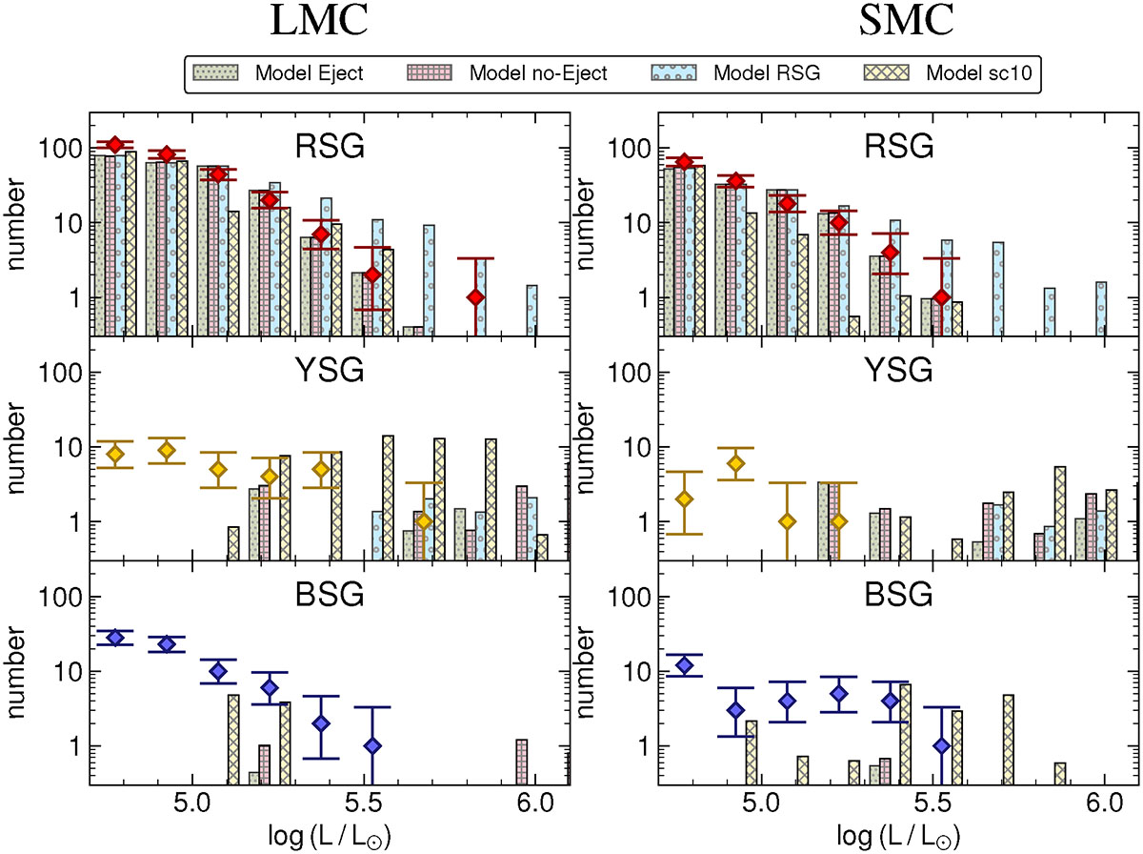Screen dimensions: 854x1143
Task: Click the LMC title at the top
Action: (x=318, y=23)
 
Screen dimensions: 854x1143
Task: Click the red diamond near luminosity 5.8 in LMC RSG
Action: (x=475, y=297)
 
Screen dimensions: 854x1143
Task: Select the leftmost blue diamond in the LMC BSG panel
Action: (x=115, y=638)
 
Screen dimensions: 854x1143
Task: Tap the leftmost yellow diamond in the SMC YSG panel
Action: (x=684, y=499)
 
